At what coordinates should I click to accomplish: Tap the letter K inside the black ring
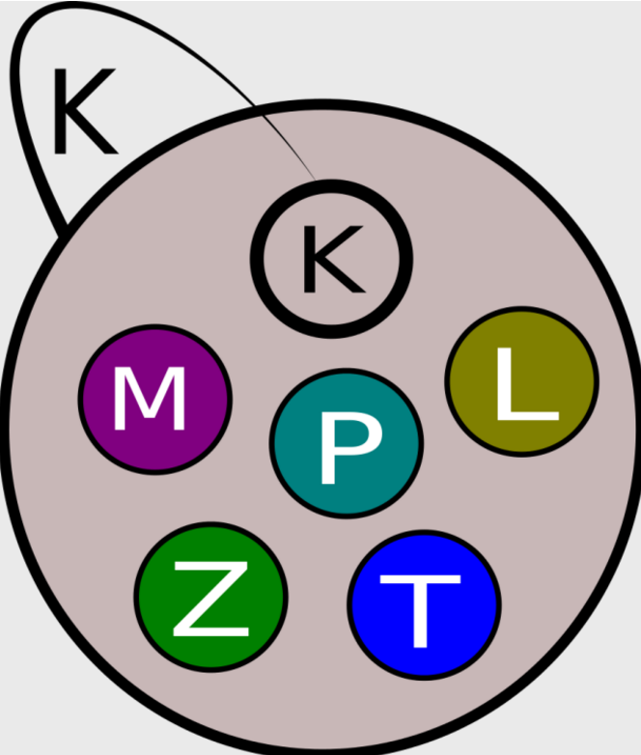(x=331, y=258)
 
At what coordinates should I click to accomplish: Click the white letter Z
(x=209, y=601)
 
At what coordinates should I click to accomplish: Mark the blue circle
(x=381, y=637)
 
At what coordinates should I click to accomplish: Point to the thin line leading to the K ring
(x=285, y=135)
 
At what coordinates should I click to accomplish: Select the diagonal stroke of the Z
(x=210, y=600)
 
